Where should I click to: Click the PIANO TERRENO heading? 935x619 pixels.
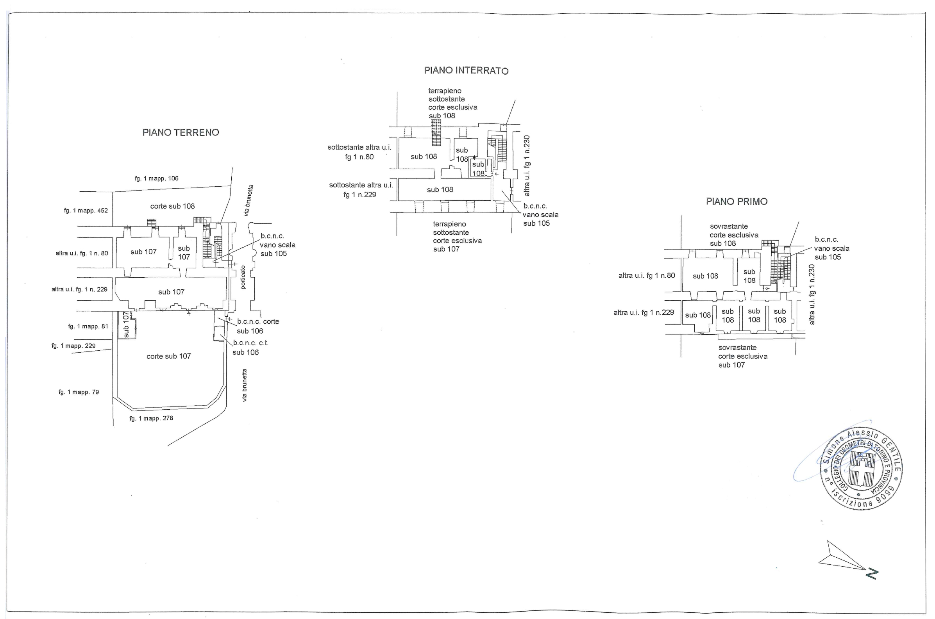[x=181, y=132]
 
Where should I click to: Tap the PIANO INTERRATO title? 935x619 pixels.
[x=466, y=71]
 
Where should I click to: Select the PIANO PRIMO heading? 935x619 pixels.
[x=737, y=202]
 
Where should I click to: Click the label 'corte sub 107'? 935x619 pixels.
[x=169, y=356]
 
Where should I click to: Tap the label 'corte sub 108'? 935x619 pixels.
[x=172, y=206]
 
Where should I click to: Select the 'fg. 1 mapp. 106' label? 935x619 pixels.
[x=156, y=178]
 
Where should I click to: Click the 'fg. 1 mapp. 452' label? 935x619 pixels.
[x=86, y=210]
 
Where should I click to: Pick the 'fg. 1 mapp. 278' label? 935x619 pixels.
[x=151, y=418]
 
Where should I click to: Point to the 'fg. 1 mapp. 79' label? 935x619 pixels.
[x=79, y=392]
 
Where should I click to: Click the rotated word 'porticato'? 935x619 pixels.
[x=243, y=277]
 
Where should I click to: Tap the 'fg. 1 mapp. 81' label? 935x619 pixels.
[x=88, y=326]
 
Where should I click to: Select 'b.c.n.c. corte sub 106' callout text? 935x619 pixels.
[x=257, y=326]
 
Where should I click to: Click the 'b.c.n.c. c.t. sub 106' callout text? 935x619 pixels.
[x=250, y=348]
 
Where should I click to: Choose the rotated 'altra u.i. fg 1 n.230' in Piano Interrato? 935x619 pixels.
[x=526, y=166]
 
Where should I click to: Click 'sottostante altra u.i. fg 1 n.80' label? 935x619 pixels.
[x=359, y=152]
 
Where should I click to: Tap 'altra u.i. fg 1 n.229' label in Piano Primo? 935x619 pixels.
[x=644, y=313]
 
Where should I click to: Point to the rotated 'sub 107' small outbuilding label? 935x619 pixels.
[x=126, y=325]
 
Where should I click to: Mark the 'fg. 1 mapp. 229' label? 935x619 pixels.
[x=73, y=346]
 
